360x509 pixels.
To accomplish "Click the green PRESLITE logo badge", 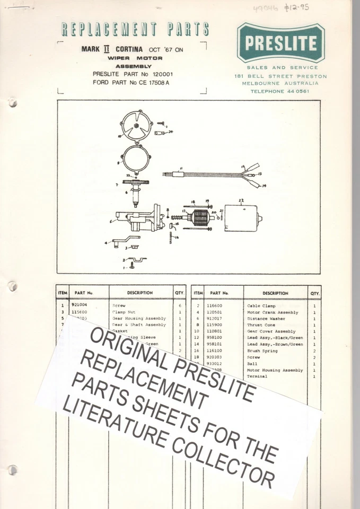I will click(x=280, y=42).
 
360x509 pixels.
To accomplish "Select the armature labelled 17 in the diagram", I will click(x=201, y=217).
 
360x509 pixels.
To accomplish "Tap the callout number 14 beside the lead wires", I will click(x=264, y=186).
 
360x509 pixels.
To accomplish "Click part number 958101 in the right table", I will click(x=219, y=344).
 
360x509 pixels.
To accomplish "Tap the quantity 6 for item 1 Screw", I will click(x=180, y=306).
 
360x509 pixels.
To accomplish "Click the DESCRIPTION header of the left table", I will click(x=139, y=293).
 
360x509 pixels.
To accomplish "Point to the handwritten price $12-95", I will click(x=296, y=7).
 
